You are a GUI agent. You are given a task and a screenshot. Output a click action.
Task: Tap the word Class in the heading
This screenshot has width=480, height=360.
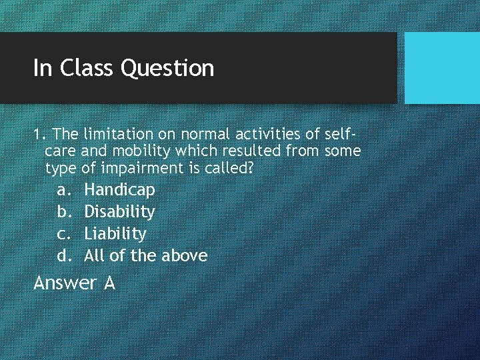86,68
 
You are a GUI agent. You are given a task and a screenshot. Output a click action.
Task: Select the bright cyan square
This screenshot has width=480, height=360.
442,68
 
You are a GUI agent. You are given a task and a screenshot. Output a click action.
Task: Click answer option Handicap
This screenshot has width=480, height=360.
119,190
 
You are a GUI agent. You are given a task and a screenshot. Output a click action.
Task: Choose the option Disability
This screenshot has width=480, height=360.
119,212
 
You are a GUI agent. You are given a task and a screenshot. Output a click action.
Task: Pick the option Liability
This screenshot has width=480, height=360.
115,234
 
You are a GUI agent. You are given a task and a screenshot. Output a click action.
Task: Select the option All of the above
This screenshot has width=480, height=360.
145,256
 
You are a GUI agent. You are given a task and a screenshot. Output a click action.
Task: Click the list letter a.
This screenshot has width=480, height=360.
63,191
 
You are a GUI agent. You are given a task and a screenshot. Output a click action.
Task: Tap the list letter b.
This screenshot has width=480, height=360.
63,212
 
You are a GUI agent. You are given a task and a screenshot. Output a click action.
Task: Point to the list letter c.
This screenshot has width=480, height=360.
63,234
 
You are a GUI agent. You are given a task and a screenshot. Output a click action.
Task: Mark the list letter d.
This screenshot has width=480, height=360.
63,256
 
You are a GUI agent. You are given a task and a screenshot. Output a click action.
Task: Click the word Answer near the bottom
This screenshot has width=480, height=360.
65,283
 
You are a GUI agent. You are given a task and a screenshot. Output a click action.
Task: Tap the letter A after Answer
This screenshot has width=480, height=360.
109,283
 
